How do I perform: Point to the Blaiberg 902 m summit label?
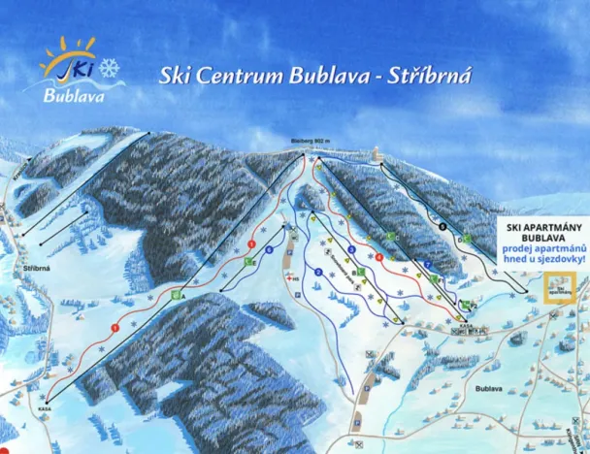tap(311, 143)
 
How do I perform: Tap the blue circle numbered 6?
tap(268, 250)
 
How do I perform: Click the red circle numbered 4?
tap(378, 256)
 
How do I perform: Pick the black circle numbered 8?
tap(442, 227)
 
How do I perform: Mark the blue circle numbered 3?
tap(350, 249)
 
